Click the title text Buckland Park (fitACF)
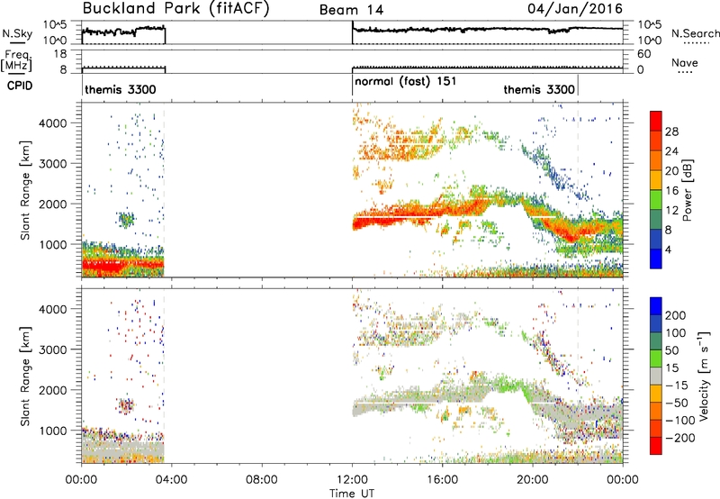[x=175, y=8]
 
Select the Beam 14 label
[x=351, y=10]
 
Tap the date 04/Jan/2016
[x=575, y=9]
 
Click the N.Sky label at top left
[x=17, y=33]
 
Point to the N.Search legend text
[x=695, y=33]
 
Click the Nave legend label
[x=684, y=62]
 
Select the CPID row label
[x=20, y=86]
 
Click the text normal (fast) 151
[x=406, y=82]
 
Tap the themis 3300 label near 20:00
[x=539, y=89]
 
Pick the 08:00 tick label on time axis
[x=261, y=480]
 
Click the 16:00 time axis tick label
[x=442, y=480]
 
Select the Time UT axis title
[x=352, y=494]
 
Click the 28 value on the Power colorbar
[x=671, y=132]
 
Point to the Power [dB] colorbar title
[x=687, y=190]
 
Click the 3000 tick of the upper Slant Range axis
[x=53, y=164]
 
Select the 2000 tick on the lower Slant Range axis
[x=53, y=390]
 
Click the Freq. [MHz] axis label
[x=16, y=61]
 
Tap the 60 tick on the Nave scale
[x=643, y=54]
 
